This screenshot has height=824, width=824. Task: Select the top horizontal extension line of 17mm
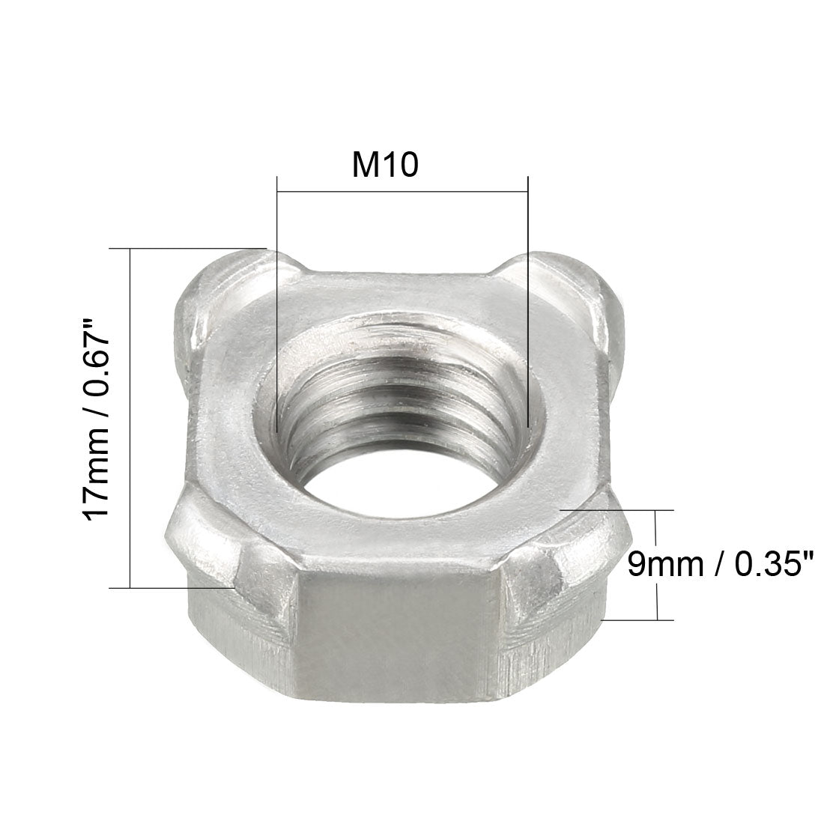click(187, 248)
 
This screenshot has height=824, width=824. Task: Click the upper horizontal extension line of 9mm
click(622, 510)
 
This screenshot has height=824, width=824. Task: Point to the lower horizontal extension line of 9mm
click(637, 620)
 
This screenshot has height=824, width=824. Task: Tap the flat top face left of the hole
click(228, 419)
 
